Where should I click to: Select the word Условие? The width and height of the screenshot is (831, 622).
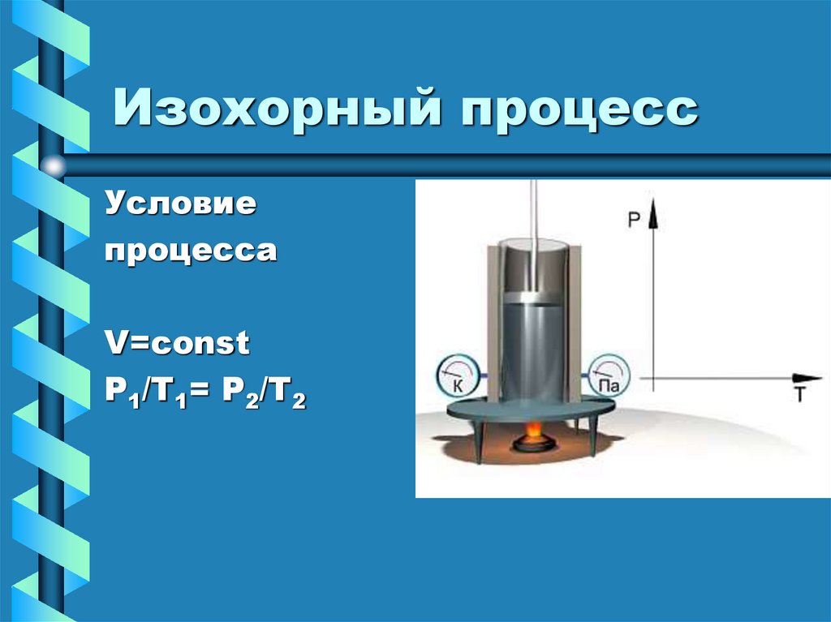179,205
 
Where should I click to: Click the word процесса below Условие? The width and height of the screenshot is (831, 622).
190,251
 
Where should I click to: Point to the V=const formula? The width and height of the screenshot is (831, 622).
175,344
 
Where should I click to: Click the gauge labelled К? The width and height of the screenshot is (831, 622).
455,378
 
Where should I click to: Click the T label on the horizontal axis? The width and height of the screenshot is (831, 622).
799,395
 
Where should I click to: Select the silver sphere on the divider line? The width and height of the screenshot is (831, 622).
54,166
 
